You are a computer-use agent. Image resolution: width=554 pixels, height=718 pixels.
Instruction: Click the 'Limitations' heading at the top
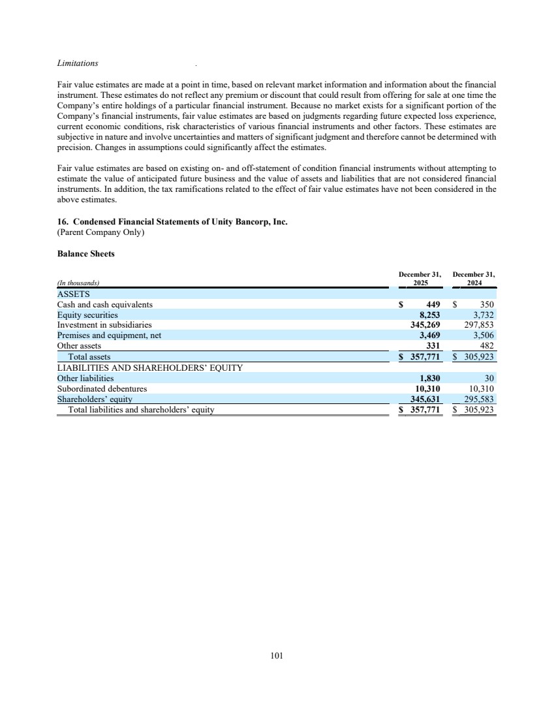tap(78, 63)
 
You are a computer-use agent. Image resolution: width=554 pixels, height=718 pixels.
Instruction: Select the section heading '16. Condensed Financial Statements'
tap(172, 221)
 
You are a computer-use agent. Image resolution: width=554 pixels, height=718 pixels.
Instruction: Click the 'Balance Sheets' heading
tap(86, 254)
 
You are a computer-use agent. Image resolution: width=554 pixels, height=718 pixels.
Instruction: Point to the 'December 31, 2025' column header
tap(420, 279)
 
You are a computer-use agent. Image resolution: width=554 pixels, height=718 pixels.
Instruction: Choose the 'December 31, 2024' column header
tap(474, 279)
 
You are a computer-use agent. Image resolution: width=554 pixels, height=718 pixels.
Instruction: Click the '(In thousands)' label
tap(78, 283)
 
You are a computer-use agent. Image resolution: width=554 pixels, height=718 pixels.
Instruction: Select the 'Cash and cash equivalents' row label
tap(105, 304)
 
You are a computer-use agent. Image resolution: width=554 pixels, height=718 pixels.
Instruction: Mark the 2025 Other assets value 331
tap(433, 346)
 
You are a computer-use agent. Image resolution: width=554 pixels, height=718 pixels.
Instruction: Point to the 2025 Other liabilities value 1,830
tap(429, 378)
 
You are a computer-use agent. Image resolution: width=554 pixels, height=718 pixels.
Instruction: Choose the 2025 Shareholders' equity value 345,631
tap(426, 399)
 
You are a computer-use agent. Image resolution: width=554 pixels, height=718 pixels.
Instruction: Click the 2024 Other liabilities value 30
tap(489, 378)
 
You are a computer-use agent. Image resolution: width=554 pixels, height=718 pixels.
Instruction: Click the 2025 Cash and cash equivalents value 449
tap(433, 304)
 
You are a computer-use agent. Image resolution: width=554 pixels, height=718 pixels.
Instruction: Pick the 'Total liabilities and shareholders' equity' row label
tap(142, 410)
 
